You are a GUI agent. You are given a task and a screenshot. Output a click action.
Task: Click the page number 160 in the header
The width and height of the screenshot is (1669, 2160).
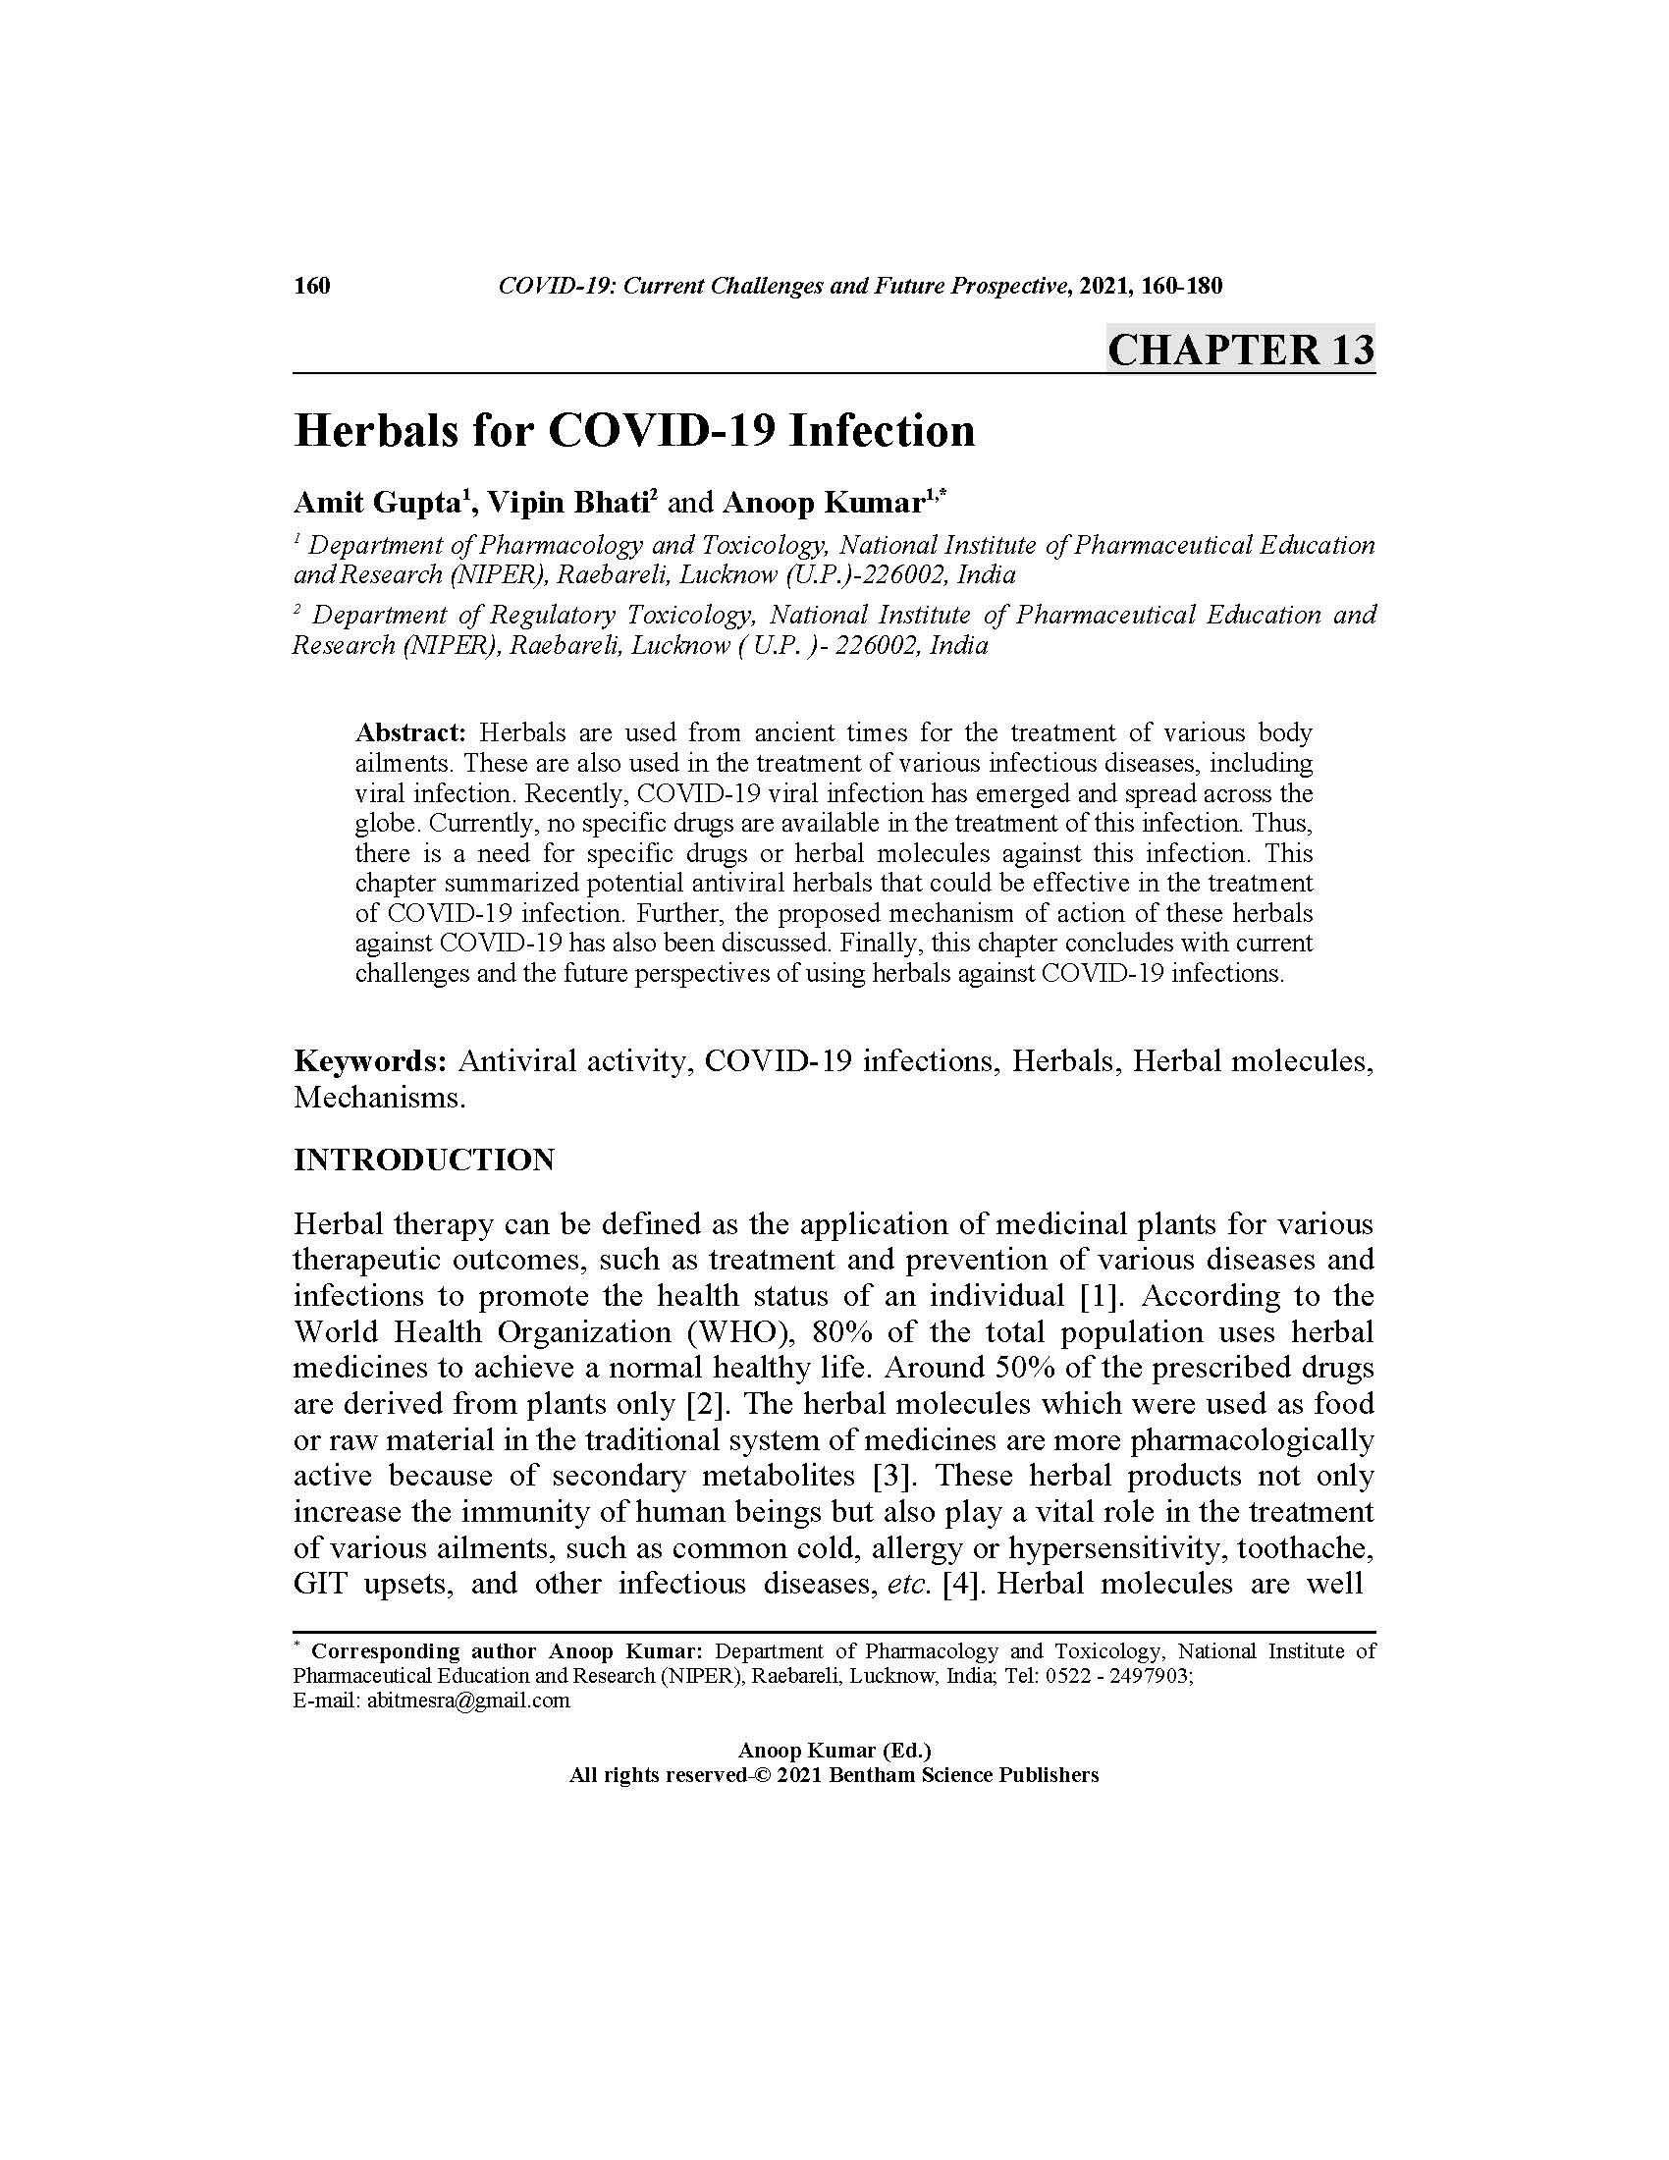coord(311,287)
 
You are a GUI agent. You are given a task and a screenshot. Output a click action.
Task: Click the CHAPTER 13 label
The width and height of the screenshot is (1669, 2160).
coord(1240,351)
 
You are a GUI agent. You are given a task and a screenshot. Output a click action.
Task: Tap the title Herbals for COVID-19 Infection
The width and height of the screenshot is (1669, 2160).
coord(634,431)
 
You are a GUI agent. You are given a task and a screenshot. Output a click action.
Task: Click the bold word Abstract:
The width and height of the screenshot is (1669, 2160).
coord(409,732)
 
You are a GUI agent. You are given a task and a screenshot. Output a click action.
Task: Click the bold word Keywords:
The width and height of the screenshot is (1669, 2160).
coord(371,1061)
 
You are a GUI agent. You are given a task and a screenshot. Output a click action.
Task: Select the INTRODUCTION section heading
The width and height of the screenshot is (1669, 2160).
coord(424,1161)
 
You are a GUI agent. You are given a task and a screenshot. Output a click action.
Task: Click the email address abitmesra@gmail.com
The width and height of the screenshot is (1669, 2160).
coord(468,1701)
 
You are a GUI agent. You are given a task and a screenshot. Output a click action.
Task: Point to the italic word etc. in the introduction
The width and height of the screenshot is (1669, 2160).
coord(909,1585)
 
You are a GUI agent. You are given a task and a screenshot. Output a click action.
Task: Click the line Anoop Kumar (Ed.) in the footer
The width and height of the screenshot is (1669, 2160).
coord(834,1751)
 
